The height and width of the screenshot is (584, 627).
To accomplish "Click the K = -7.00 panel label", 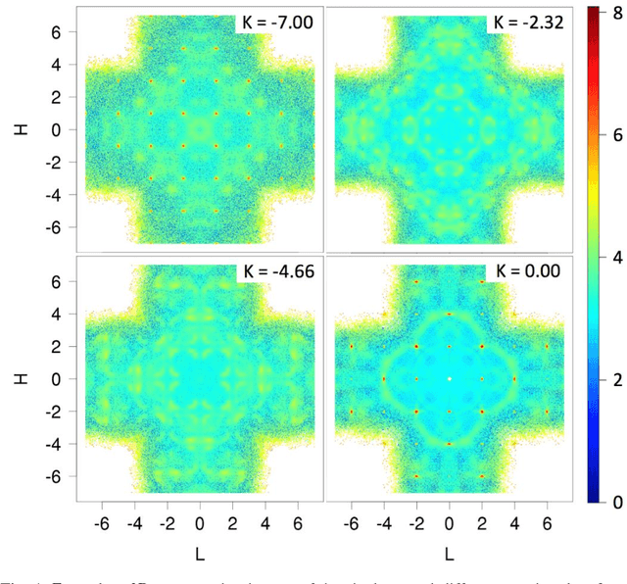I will tap(275, 20).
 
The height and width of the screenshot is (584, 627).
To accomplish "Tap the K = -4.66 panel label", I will tap(275, 269).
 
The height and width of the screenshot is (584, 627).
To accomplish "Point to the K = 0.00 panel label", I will tap(525, 269).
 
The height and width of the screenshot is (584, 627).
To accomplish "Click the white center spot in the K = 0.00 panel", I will tap(449, 379).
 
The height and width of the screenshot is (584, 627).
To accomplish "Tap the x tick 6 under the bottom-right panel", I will tap(548, 522).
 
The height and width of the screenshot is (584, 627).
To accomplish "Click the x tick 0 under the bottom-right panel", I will tap(449, 522).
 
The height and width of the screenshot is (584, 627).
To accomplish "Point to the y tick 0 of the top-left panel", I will tap(61, 129).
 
